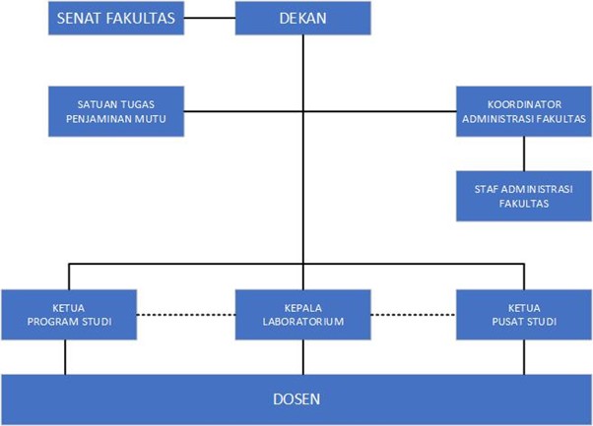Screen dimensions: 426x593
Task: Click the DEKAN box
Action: coord(302,18)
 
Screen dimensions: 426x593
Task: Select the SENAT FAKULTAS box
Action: coord(116,18)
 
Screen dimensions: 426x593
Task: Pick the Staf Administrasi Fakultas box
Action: coord(523,195)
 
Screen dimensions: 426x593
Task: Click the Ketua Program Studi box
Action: coord(67,314)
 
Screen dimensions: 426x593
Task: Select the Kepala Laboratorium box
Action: coord(302,314)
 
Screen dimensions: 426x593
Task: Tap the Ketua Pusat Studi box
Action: coord(523,314)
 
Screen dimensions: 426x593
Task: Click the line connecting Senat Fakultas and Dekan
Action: coord(210,18)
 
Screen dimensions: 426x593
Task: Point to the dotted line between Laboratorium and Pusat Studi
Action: coord(415,315)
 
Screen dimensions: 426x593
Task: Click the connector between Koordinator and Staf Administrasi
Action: coord(523,152)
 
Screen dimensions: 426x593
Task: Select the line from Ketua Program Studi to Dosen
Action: coord(67,356)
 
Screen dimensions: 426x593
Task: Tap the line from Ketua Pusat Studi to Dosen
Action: coord(523,356)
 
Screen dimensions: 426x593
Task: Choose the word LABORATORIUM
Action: coord(302,321)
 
